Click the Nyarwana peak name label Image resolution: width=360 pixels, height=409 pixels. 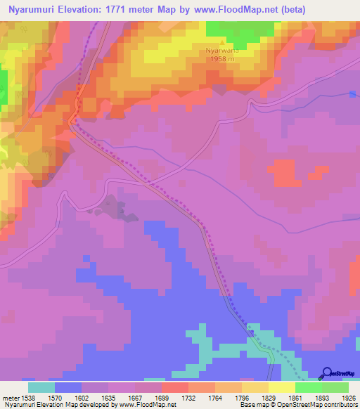pyautogui.click(x=219, y=51)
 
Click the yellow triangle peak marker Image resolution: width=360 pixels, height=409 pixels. pyautogui.click(x=219, y=43)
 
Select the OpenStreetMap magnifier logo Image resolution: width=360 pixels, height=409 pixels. pyautogui.click(x=327, y=372)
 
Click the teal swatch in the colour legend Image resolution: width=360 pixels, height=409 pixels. pyautogui.click(x=41, y=387)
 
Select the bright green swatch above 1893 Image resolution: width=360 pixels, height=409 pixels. pyautogui.click(x=309, y=387)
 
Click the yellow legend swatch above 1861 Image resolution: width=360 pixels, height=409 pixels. pyautogui.click(x=282, y=387)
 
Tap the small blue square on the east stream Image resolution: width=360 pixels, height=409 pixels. pyautogui.click(x=352, y=94)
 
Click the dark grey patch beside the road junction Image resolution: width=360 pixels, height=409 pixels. pyautogui.click(x=112, y=208)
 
